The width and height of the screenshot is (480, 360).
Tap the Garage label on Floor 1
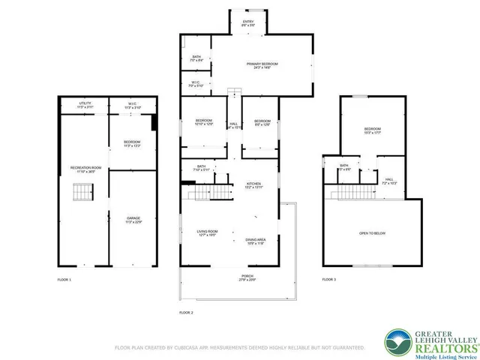(x=133, y=220)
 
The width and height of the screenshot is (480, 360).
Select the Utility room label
(x=84, y=105)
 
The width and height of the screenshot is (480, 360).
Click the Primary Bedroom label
(x=262, y=65)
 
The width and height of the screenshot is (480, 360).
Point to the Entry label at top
(x=247, y=22)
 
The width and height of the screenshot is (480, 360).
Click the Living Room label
(x=207, y=232)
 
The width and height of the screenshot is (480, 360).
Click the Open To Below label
(x=373, y=233)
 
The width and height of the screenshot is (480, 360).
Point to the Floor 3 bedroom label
(x=373, y=130)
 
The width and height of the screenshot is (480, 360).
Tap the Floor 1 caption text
(x=64, y=280)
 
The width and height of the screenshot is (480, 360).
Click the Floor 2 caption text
(x=186, y=311)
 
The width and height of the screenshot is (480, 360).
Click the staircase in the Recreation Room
(x=80, y=195)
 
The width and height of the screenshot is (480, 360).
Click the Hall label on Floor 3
(x=389, y=181)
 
